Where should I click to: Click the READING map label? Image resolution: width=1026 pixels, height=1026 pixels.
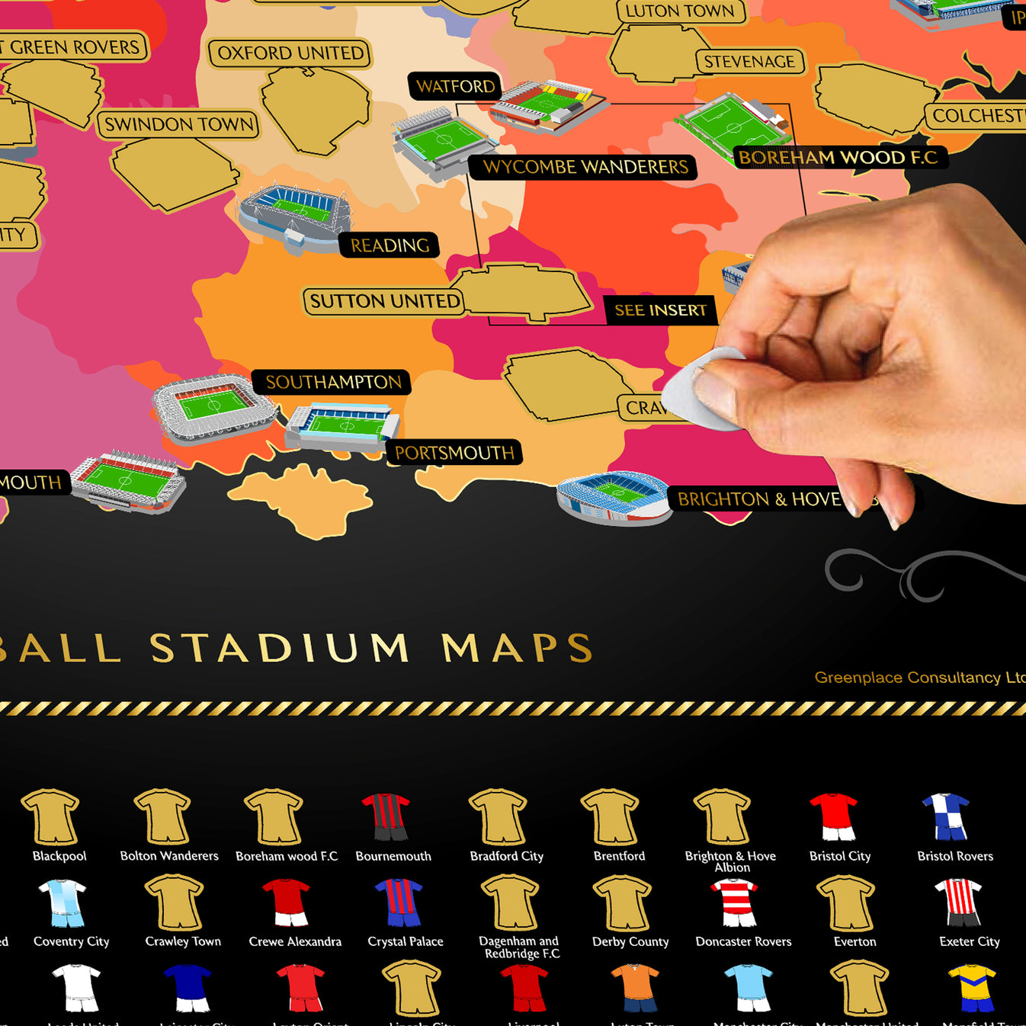tap(390, 245)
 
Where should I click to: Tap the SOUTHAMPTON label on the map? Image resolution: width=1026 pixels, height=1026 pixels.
tap(333, 382)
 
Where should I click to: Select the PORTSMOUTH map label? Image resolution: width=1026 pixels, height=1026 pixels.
tap(454, 453)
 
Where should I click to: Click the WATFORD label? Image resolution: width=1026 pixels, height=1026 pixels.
tap(455, 86)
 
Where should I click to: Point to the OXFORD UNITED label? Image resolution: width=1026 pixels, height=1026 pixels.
tap(290, 53)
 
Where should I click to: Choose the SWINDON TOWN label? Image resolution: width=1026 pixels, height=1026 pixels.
tap(178, 124)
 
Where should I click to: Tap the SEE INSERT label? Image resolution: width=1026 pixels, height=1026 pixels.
tap(660, 310)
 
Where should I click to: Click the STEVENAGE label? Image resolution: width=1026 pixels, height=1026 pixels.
tap(749, 62)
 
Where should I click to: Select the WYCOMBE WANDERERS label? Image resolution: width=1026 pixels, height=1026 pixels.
tap(585, 167)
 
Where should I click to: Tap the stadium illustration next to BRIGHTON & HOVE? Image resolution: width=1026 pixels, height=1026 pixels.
tap(614, 498)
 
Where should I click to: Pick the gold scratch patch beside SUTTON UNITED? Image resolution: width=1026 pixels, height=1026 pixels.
tap(526, 291)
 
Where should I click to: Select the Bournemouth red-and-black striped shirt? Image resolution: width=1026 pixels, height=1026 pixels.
tap(386, 816)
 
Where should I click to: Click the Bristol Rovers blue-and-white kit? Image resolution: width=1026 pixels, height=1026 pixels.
tap(945, 816)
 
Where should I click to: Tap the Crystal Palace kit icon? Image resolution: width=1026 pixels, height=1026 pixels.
tap(399, 902)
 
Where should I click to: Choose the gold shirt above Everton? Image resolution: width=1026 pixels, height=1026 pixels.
tap(845, 902)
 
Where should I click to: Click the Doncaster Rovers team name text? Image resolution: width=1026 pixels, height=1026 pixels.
tap(743, 942)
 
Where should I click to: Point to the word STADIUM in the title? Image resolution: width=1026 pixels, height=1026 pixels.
tap(280, 649)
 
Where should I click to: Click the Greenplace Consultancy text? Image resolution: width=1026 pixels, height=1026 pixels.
tap(919, 678)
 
